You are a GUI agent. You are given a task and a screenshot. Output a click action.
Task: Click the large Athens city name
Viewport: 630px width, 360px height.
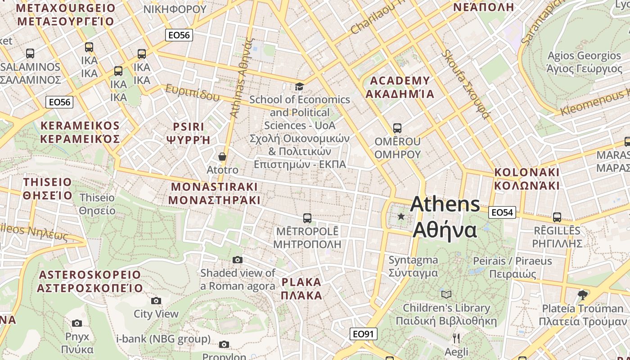[445, 217]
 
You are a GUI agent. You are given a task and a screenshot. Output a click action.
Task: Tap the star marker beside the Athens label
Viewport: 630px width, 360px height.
[401, 216]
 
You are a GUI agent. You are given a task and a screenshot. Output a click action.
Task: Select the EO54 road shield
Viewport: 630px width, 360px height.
[502, 212]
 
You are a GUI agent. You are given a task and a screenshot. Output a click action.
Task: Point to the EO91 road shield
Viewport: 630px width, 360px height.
[363, 334]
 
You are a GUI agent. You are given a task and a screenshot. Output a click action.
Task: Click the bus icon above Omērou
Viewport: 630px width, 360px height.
[397, 128]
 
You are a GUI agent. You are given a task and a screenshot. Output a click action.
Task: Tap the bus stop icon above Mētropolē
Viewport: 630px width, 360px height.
[307, 218]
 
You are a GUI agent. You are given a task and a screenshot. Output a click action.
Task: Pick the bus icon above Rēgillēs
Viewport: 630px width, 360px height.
[557, 217]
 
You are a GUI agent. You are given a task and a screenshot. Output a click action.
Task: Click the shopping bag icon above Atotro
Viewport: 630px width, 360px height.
[222, 157]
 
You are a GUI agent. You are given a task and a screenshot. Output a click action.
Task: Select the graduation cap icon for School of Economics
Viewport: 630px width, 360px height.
[299, 86]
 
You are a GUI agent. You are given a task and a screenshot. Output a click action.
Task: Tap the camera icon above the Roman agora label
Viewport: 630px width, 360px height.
[238, 260]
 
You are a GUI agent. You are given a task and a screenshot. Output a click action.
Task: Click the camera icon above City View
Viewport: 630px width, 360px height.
[156, 301]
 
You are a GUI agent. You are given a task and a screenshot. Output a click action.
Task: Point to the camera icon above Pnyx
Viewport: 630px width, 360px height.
[77, 323]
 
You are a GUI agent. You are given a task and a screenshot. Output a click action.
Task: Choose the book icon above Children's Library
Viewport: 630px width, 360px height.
[446, 294]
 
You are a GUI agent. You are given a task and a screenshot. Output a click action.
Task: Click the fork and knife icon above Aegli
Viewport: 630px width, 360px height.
[456, 338]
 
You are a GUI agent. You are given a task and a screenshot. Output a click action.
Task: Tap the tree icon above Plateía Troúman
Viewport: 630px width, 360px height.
[582, 295]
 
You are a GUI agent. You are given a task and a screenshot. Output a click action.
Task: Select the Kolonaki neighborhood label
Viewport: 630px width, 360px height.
[526, 179]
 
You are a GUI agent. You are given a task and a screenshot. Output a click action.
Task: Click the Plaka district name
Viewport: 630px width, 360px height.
[301, 289]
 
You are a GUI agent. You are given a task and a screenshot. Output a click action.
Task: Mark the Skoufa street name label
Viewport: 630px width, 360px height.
[465, 84]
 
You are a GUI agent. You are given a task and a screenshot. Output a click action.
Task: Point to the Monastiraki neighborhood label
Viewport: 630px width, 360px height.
[214, 193]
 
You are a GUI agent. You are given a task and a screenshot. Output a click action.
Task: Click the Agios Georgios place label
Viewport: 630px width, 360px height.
[584, 62]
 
